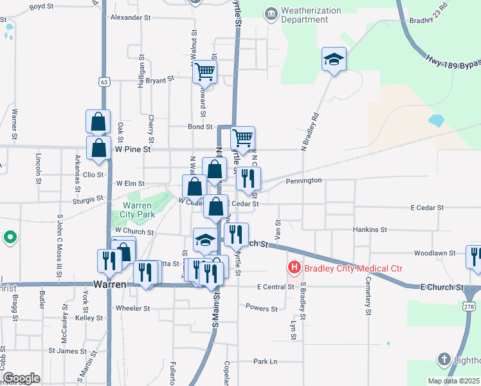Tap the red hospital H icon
coord(295,267)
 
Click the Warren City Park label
coord(138,210)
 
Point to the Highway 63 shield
coord(104,82)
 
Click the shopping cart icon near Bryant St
coord(204,72)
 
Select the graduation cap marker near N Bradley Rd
coord(334,59)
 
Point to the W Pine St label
coord(132,149)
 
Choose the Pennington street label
coord(304,181)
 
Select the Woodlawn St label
coord(435,253)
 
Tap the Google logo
coord(21,378)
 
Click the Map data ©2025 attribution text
coord(453,381)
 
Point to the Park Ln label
coord(264,362)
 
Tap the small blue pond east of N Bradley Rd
coord(436,120)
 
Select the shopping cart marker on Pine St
coord(242,138)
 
